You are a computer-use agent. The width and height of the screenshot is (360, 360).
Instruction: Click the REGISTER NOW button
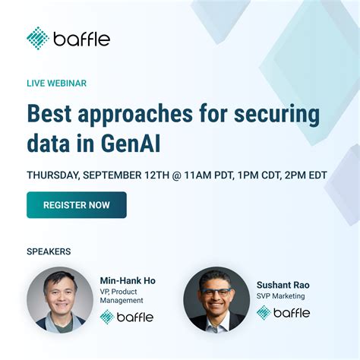[76, 205]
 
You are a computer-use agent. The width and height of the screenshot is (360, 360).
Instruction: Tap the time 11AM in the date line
[204, 175]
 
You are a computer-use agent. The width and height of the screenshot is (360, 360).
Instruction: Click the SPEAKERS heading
[48, 250]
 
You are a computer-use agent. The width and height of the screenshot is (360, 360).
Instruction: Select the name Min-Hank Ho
[127, 280]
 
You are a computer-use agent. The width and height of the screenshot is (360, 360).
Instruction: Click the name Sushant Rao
[283, 285]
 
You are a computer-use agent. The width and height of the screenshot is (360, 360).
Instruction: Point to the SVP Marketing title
[280, 296]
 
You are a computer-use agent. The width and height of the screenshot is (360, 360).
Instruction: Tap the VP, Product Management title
[122, 296]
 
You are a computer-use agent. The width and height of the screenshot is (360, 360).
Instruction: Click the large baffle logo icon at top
[38, 38]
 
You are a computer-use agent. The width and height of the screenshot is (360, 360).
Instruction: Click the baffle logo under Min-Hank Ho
[126, 316]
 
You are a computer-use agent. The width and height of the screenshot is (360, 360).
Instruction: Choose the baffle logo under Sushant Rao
[283, 312]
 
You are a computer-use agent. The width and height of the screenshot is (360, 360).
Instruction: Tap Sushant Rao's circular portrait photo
[216, 298]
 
